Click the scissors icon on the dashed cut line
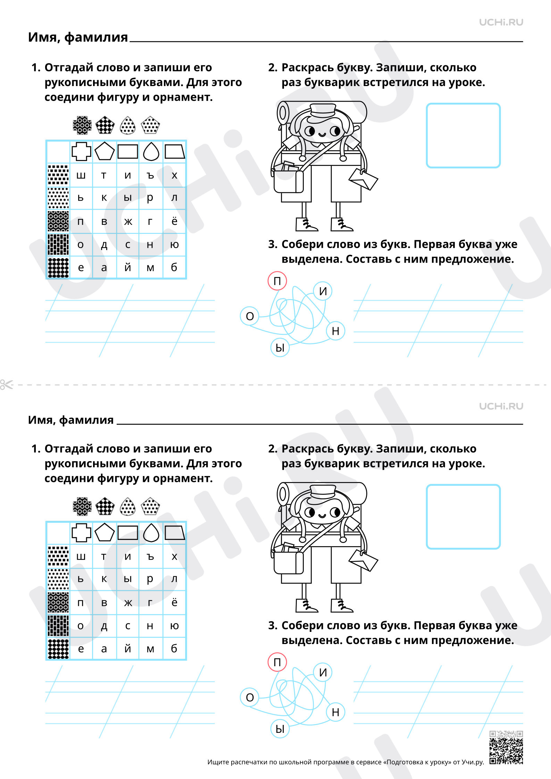pyautogui.click(x=6, y=384)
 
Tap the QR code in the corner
pyautogui.click(x=506, y=747)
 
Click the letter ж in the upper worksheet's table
pyautogui.click(x=128, y=221)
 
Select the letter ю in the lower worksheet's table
pyautogui.click(x=174, y=626)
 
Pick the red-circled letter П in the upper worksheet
pyautogui.click(x=277, y=281)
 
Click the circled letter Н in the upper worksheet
pyautogui.click(x=335, y=331)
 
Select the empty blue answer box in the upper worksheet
pyautogui.click(x=463, y=135)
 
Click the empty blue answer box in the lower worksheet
pyautogui.click(x=463, y=517)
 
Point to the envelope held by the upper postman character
pyautogui.click(x=363, y=179)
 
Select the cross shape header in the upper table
pyautogui.click(x=81, y=151)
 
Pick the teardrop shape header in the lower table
pyautogui.click(x=151, y=532)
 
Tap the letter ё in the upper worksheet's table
pyautogui.click(x=174, y=221)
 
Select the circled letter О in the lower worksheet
pyautogui.click(x=250, y=697)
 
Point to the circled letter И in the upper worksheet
pyautogui.click(x=323, y=291)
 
